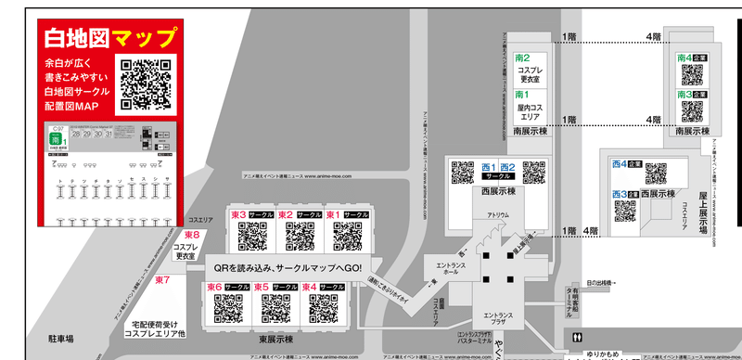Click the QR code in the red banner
pyautogui.click(x=147, y=84)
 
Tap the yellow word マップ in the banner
pyautogui.click(x=143, y=39)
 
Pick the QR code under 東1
pyautogui.click(x=347, y=236)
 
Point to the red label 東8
pyautogui.click(x=192, y=236)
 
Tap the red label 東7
pyautogui.click(x=163, y=279)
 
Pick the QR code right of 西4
pyautogui.click(x=656, y=172)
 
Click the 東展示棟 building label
pyautogui.click(x=275, y=339)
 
